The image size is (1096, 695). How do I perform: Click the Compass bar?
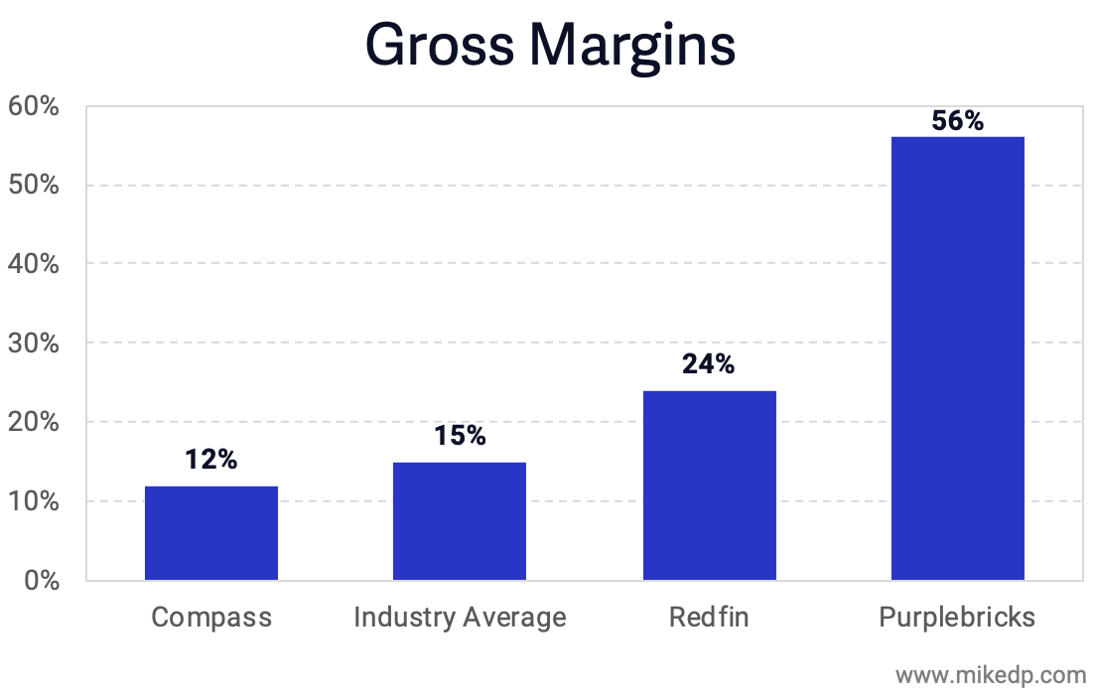[211, 533]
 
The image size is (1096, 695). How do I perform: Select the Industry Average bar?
[460, 521]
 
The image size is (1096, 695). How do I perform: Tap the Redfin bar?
[709, 486]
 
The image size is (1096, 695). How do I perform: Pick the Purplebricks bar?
[957, 358]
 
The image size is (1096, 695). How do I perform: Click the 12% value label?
[211, 460]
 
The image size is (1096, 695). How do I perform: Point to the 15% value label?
[460, 435]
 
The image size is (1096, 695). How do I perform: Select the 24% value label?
[709, 364]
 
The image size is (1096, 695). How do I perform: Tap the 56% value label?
[957, 121]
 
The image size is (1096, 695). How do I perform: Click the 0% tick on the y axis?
[41, 581]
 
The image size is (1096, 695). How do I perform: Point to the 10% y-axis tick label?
[36, 501]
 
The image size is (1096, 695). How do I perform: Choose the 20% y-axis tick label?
[36, 422]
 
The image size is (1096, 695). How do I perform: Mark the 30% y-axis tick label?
[36, 344]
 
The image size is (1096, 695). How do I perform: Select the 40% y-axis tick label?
[36, 264]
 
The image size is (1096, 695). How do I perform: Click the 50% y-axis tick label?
[36, 186]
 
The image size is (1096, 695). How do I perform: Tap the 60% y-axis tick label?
[36, 106]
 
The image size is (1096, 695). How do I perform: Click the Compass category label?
[211, 618]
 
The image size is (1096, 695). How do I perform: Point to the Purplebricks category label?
[957, 618]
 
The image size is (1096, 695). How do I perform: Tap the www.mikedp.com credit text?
[992, 675]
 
